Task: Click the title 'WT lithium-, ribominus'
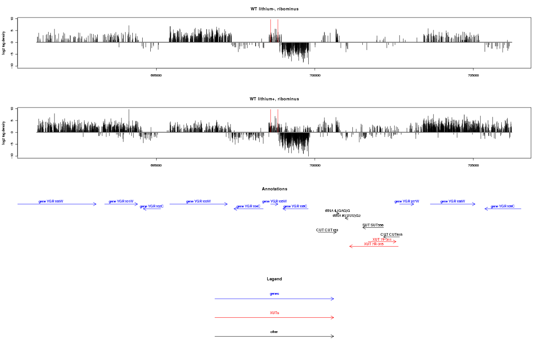[274, 9]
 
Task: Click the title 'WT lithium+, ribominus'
[274, 99]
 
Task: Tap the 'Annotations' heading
[274, 189]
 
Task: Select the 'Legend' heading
[274, 279]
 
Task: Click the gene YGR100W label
[51, 201]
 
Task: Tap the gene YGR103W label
[198, 201]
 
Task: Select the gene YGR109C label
[503, 206]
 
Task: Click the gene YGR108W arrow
[452, 204]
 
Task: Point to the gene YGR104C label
[248, 206]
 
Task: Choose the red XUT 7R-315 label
[373, 244]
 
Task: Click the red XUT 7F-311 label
[382, 239]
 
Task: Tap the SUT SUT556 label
[373, 225]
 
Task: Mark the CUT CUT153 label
[327, 230]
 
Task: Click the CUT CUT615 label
[391, 234]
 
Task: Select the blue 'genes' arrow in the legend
[274, 299]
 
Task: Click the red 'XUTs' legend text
[274, 313]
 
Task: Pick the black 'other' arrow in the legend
[274, 337]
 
